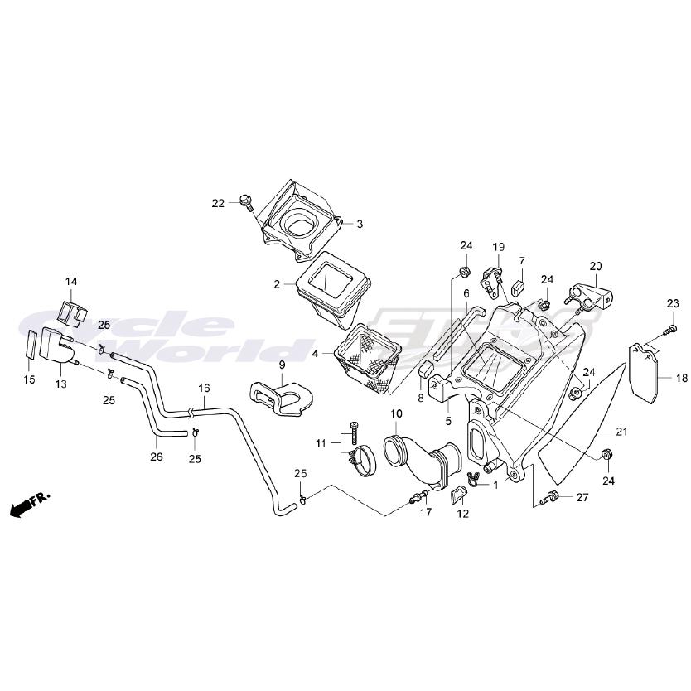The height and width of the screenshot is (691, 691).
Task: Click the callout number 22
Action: [218, 203]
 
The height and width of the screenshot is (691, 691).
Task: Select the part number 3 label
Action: [360, 223]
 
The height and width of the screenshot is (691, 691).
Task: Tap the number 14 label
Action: [71, 282]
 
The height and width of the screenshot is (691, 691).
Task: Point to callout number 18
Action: [681, 378]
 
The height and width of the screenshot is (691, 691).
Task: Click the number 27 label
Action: [582, 497]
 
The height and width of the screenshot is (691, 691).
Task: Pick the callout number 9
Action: [281, 365]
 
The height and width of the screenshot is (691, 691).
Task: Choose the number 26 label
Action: [157, 455]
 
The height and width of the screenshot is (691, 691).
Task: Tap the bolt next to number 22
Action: [246, 201]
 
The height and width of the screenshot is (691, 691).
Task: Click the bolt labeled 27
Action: [550, 498]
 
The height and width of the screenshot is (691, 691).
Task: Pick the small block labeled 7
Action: [519, 288]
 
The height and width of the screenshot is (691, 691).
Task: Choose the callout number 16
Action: [204, 388]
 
